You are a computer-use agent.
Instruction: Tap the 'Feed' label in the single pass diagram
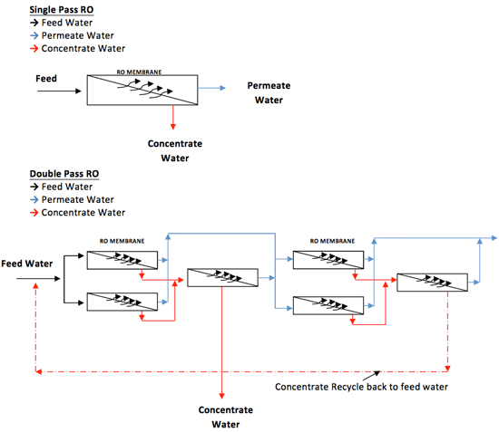[x=45, y=79]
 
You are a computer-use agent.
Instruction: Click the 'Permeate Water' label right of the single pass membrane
[x=269, y=92]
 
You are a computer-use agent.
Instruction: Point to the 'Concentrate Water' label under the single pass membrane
[x=174, y=150]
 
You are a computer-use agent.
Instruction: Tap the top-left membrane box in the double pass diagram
[x=122, y=260]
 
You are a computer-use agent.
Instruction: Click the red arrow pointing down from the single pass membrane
[x=173, y=119]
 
